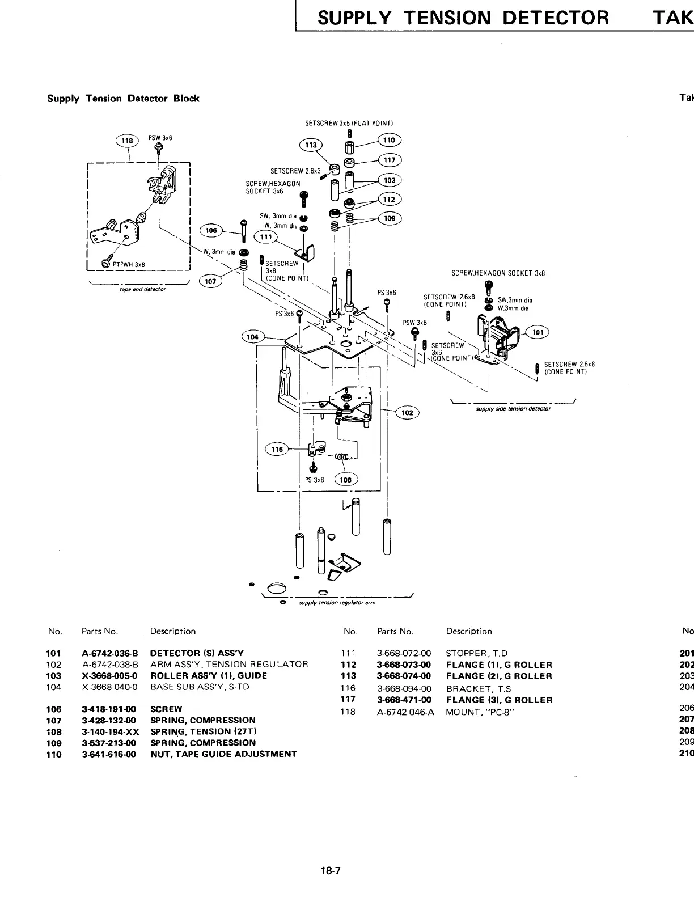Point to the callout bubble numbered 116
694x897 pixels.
coord(277,449)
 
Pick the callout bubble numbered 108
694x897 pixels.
coord(345,480)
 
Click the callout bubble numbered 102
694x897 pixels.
coord(407,413)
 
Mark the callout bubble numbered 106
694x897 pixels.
coord(211,230)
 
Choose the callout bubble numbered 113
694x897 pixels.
coord(310,145)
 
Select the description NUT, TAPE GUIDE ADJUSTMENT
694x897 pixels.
coord(223,754)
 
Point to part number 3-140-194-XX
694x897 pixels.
coord(110,731)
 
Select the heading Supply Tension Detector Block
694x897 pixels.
coord(123,99)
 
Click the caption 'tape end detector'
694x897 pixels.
coord(134,289)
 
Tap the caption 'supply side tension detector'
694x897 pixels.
coord(513,408)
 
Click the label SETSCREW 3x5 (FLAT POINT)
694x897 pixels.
coord(349,123)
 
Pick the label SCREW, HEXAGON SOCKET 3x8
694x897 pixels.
coord(498,273)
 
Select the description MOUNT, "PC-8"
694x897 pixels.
coord(480,712)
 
